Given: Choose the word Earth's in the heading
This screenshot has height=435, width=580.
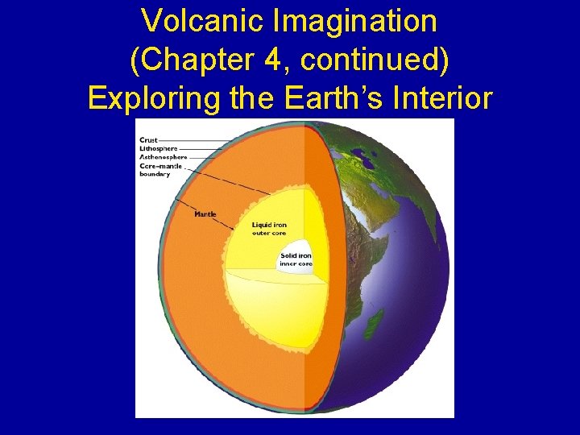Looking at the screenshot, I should pyautogui.click(x=321, y=98).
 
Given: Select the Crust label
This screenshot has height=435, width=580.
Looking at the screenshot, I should pyautogui.click(x=148, y=140).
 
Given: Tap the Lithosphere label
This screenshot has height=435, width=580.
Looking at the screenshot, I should pyautogui.click(x=157, y=148).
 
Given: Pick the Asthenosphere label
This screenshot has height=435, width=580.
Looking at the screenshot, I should pyautogui.click(x=163, y=157).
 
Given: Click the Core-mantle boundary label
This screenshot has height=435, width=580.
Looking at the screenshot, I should pyautogui.click(x=161, y=170).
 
